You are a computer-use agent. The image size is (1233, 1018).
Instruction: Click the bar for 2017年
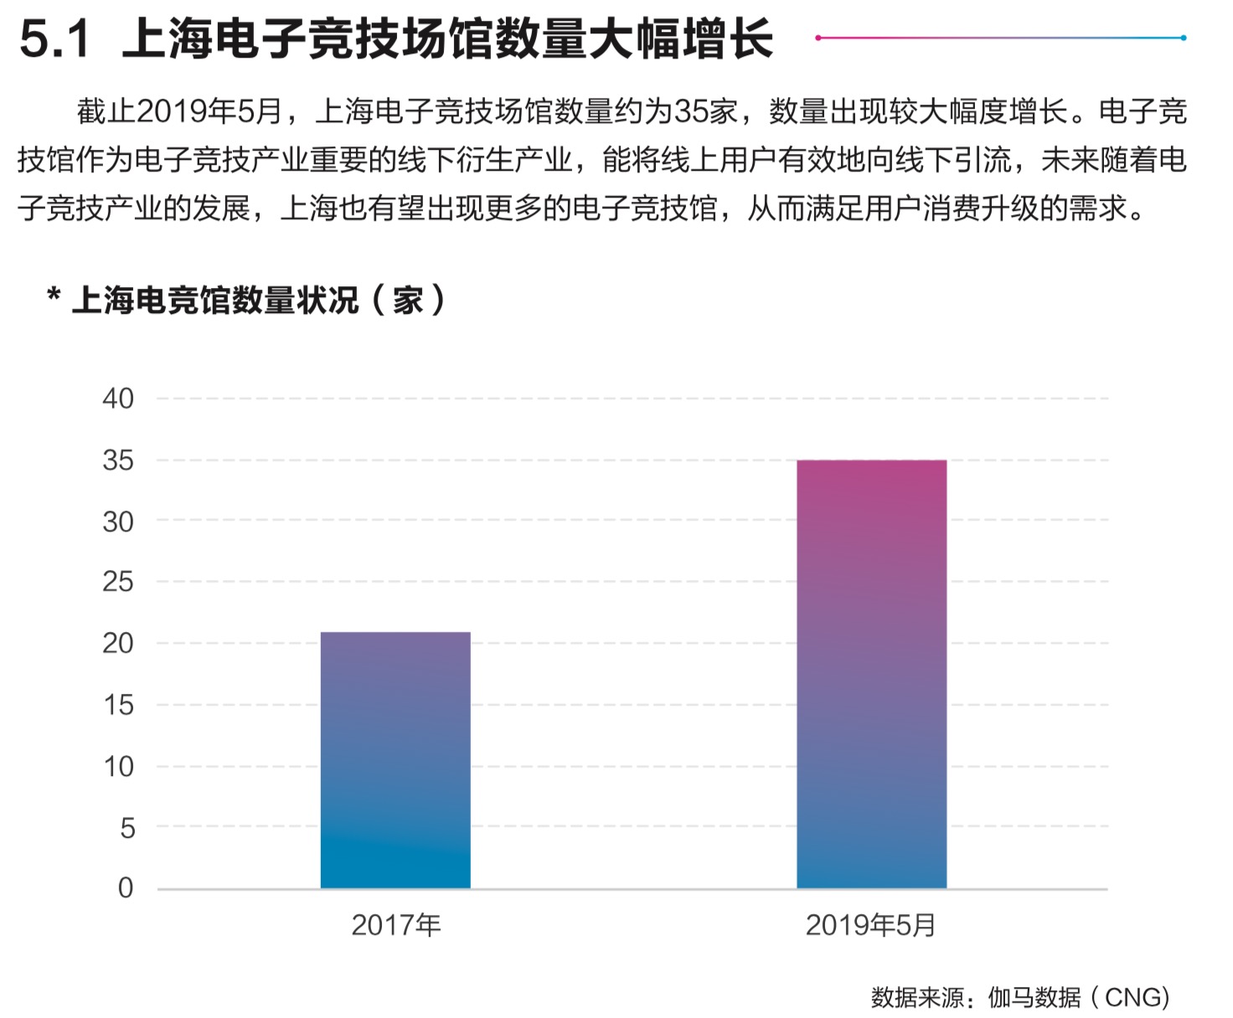coord(395,760)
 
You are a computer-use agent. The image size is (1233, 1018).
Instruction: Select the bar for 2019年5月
coord(871,674)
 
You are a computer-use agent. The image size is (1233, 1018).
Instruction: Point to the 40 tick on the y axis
coord(118,399)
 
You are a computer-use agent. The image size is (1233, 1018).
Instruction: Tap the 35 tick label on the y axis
coord(118,460)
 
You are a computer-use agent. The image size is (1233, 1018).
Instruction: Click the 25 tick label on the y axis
coord(118,582)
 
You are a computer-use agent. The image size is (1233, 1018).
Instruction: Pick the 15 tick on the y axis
coord(118,705)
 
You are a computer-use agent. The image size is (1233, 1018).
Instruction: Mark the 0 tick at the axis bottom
coord(126,888)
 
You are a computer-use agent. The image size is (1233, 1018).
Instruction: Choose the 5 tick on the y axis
coord(127,828)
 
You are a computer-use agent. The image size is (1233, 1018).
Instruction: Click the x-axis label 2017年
coord(395,925)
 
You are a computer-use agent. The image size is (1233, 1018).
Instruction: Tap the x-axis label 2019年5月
coord(870,925)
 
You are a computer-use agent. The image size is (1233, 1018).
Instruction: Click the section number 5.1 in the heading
coord(54,39)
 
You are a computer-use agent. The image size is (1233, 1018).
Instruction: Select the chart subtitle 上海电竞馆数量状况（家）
coord(260,300)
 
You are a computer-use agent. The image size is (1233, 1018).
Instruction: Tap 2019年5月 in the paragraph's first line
coord(209,111)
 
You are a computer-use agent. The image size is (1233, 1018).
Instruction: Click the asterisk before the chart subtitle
coord(54,296)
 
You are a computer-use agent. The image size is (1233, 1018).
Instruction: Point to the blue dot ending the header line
coord(1183,38)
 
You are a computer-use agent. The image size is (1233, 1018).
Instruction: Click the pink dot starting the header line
coord(818,38)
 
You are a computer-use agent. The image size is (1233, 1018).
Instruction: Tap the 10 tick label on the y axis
coord(118,767)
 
